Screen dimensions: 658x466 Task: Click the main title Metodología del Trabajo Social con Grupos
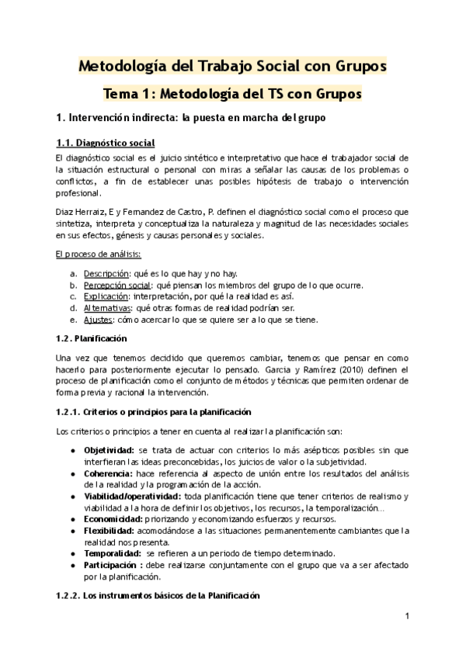point(233,66)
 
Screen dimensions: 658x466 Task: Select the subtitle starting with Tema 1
point(233,94)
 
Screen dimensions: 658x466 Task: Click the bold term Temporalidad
point(112,552)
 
